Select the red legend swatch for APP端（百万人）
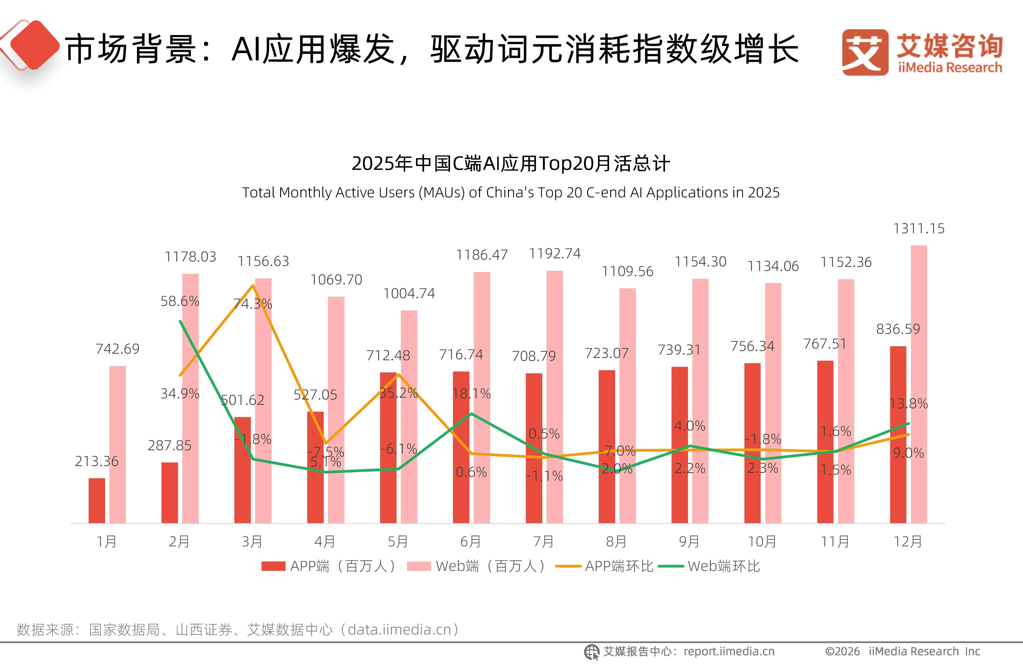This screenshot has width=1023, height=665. (x=273, y=566)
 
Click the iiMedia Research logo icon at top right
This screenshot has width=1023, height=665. (x=865, y=52)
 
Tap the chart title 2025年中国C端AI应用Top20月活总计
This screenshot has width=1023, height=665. (x=511, y=164)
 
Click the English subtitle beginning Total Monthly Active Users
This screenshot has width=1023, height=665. (x=511, y=193)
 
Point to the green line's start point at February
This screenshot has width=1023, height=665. (x=180, y=321)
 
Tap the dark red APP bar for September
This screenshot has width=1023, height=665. (x=680, y=445)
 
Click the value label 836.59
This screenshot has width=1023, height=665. (x=898, y=329)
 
